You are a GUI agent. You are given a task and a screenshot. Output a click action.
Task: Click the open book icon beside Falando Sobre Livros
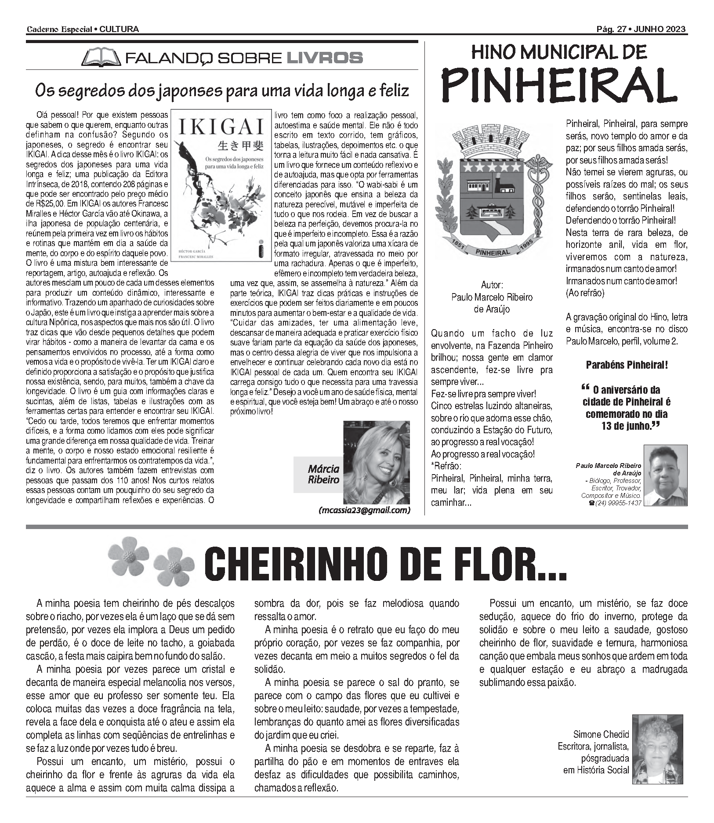[x=101, y=58]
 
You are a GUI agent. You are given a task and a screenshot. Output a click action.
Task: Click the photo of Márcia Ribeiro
[x=376, y=462]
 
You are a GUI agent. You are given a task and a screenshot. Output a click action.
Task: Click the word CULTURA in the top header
[x=120, y=29]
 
